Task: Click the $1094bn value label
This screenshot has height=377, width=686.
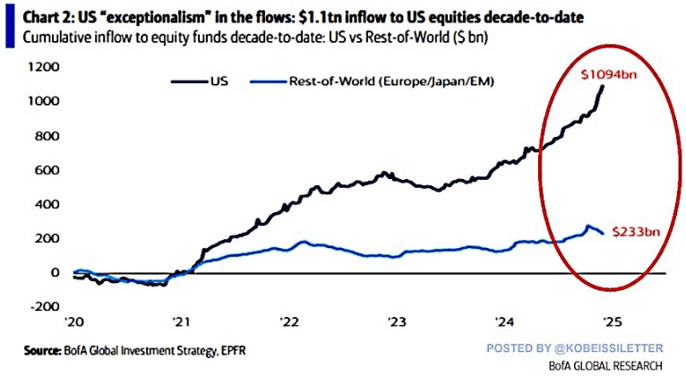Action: point(609,75)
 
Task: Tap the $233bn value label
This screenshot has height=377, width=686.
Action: point(636,231)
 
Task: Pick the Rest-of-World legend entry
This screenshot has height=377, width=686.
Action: point(372,81)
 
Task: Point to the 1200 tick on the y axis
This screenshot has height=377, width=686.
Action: point(43,67)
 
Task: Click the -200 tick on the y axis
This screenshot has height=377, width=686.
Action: point(44,306)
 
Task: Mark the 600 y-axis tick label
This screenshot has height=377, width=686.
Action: point(47,169)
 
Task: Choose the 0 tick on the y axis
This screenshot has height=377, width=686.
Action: point(55,272)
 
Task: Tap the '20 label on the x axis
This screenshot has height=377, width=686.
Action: point(74,321)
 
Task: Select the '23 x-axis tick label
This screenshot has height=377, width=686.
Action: point(397,321)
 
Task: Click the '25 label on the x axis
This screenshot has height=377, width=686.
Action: point(612,321)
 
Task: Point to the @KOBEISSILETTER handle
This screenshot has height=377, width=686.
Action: point(609,348)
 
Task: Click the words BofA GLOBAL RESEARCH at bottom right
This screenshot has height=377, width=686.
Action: point(605,365)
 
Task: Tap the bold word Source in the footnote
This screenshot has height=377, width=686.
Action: point(42,350)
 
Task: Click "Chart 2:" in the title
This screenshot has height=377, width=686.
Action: point(48,18)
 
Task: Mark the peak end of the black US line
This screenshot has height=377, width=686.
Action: point(603,86)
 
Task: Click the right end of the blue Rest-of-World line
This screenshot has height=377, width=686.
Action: point(603,233)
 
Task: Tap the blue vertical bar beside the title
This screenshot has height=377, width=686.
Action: point(10,25)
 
